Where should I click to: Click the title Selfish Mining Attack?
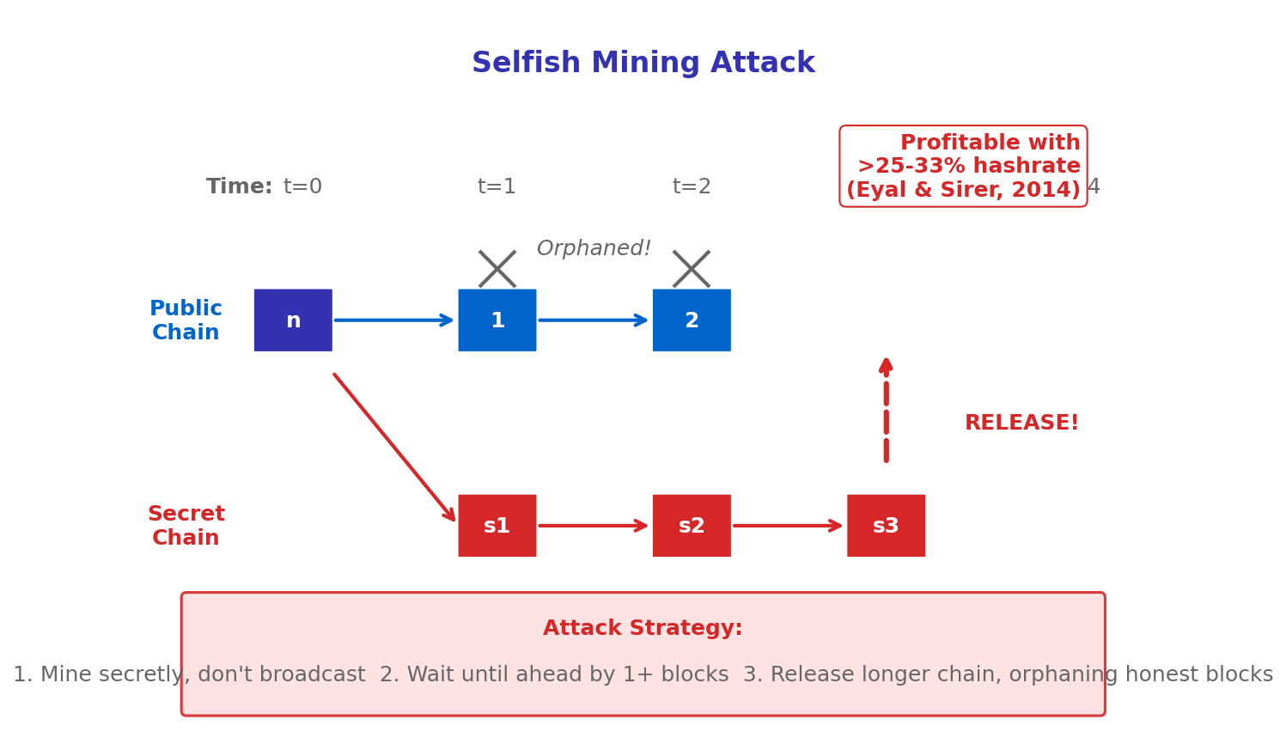point(643,64)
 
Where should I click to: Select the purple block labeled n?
point(293,320)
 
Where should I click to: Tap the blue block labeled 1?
point(497,320)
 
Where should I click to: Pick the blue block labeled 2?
point(692,320)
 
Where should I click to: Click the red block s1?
point(497,526)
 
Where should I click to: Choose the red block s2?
point(692,526)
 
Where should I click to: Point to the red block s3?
point(886,526)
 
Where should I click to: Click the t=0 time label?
point(302,187)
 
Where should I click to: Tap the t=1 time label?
point(497,187)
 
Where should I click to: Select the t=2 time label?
point(692,187)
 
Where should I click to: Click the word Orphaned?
point(594,249)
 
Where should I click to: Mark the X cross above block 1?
point(497,269)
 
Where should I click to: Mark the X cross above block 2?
point(692,269)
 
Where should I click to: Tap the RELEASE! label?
point(1021,424)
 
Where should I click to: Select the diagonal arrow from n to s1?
point(393,447)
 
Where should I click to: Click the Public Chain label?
point(186,320)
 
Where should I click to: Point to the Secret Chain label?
point(186,526)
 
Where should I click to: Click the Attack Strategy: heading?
point(643,629)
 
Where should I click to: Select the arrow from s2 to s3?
point(788,526)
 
